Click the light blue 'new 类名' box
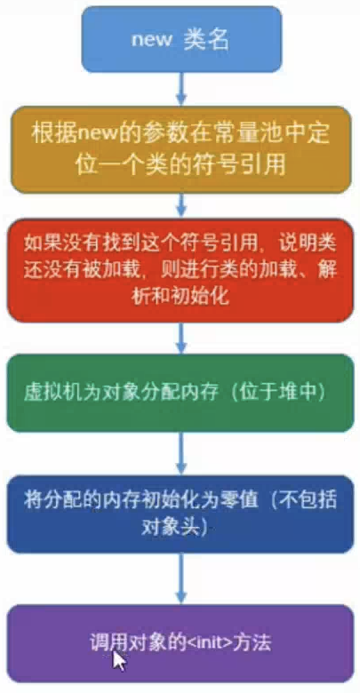181,39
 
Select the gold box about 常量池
180,149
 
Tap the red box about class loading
180,270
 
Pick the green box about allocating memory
180,393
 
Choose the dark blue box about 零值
180,514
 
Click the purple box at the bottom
180,643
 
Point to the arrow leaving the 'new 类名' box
180,89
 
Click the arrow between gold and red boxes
180,206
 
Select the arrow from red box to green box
180,339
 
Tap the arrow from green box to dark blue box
180,453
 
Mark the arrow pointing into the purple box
180,578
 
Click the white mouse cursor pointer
118,661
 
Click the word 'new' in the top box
151,40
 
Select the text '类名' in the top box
206,40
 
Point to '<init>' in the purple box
208,643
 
